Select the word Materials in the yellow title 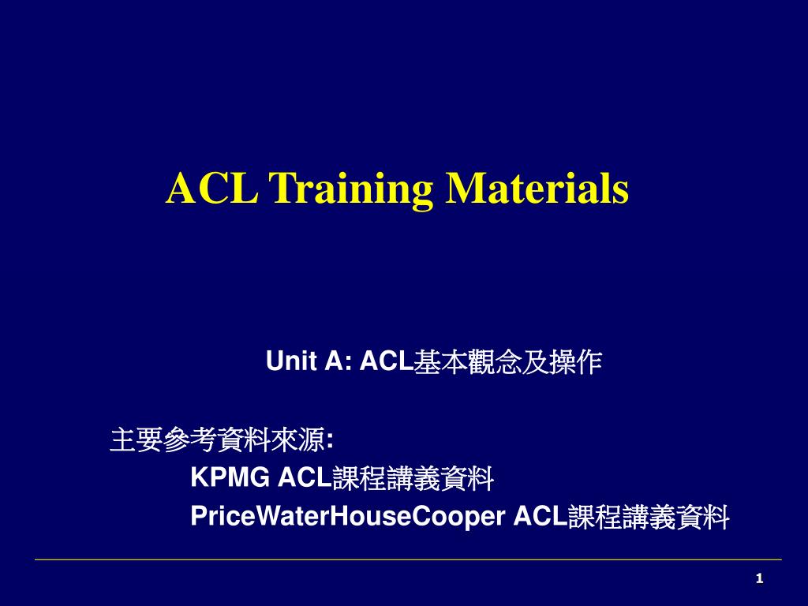coord(537,189)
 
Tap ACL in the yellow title coord(211,189)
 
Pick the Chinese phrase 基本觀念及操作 coord(507,361)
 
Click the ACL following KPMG coord(305,477)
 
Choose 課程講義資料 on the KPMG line coord(413,477)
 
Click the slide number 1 coord(759,579)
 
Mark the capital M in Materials coord(462,189)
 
